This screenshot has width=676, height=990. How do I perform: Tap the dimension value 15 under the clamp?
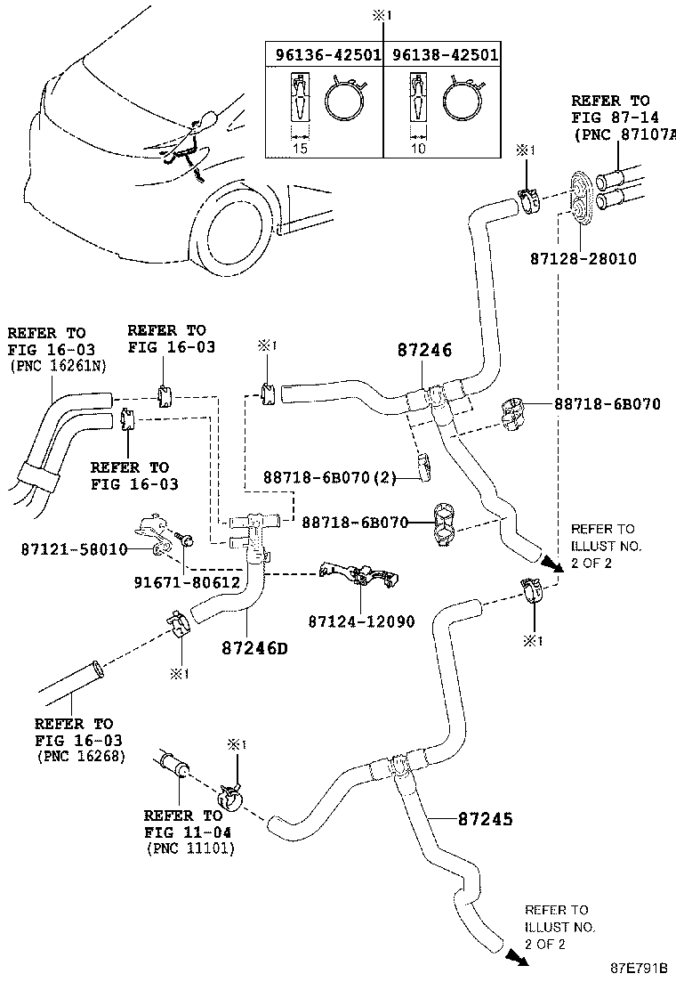300,149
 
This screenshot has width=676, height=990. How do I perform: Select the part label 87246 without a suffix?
424,351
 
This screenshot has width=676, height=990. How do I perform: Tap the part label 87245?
486,818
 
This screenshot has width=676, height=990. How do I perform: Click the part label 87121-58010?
74,549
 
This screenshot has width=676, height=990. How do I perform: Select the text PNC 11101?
189,848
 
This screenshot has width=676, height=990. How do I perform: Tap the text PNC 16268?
81,756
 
